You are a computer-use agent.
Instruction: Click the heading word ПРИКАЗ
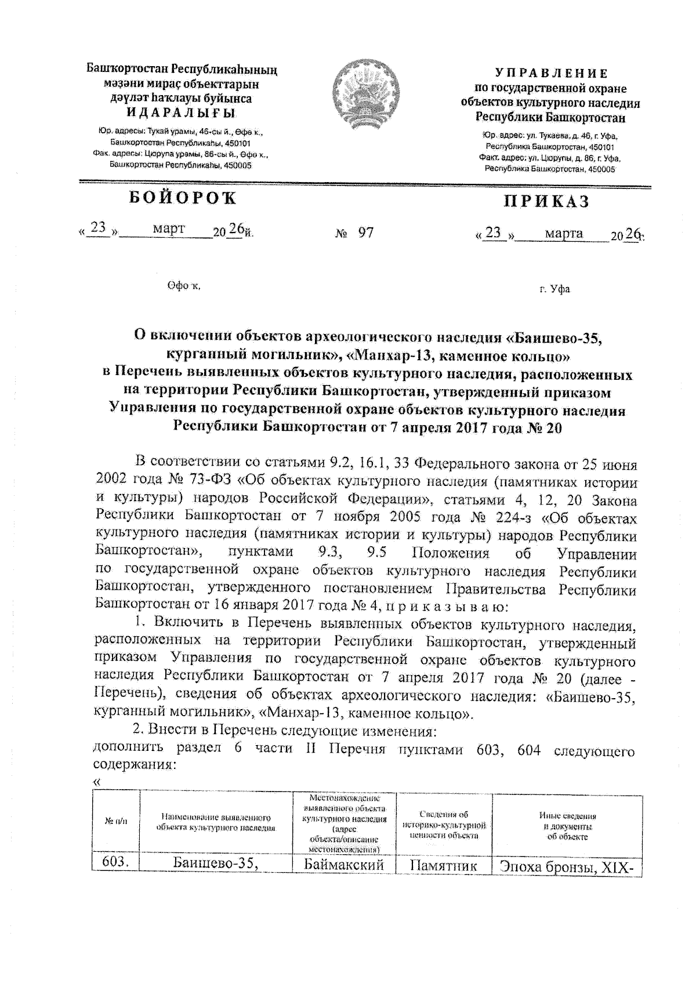coord(546,201)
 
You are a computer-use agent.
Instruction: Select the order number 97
coord(366,233)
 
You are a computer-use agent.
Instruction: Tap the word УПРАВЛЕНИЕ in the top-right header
coord(551,74)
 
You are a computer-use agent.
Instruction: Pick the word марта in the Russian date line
coord(564,233)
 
